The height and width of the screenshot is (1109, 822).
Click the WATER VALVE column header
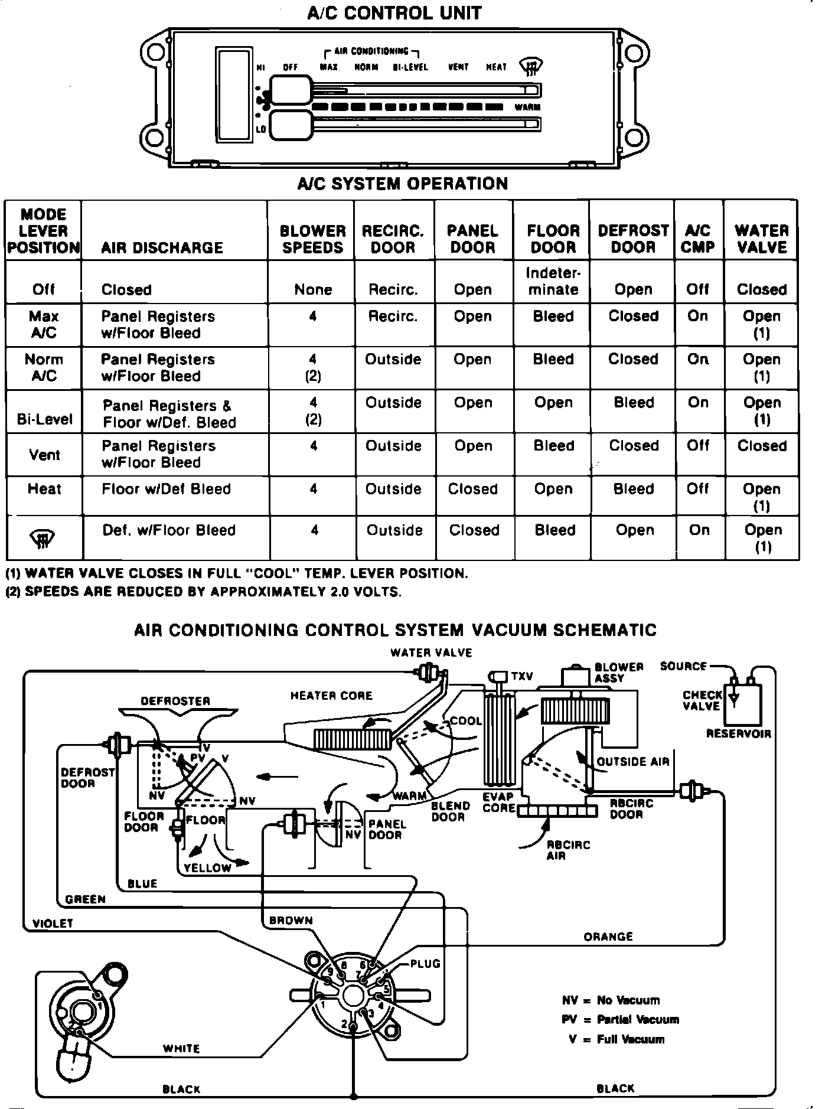tap(761, 239)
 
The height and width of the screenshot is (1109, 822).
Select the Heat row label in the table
tap(44, 489)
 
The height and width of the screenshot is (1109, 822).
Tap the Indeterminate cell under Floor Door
tap(553, 281)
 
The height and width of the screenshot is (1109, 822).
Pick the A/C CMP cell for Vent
tap(697, 446)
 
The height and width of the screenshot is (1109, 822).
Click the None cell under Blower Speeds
tap(312, 289)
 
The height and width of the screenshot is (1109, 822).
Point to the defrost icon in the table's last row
tap(43, 537)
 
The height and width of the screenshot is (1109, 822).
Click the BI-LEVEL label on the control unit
tap(410, 67)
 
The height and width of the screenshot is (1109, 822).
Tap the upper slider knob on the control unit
tap(291, 90)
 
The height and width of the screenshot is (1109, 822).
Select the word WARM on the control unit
tap(527, 107)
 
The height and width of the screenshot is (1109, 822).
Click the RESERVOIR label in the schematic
tap(738, 734)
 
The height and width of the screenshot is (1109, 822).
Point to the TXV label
tap(522, 676)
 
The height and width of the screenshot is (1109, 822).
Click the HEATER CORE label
tap(331, 696)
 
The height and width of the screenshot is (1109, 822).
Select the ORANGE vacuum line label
tap(608, 937)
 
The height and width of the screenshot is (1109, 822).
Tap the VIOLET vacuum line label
tap(53, 923)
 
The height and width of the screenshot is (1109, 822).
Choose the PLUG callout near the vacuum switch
tap(425, 964)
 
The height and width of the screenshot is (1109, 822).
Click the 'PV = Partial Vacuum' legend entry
tap(620, 1019)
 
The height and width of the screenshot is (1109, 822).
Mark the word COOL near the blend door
tap(466, 721)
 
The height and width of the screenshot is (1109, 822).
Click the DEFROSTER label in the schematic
tap(175, 701)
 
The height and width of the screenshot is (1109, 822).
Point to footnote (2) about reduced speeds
tap(204, 592)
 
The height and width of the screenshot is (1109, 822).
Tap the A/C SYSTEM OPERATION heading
tap(402, 184)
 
